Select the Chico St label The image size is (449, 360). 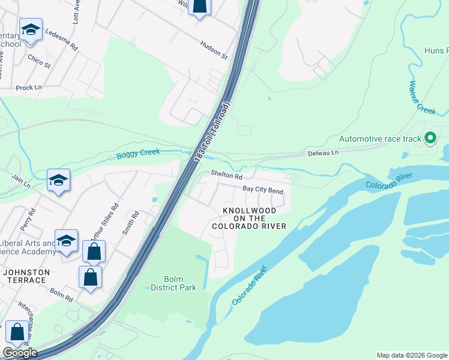point(38,61)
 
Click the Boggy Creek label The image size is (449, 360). point(139,154)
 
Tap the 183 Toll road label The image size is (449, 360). point(212,131)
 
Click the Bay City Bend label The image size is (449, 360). point(262,190)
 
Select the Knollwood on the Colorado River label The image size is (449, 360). point(249,218)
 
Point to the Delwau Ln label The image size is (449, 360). point(324,153)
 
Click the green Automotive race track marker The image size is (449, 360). point(430,139)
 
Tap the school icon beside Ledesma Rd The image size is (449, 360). point(30,29)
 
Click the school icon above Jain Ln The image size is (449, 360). point(59,179)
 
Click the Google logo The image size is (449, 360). point(20,353)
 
